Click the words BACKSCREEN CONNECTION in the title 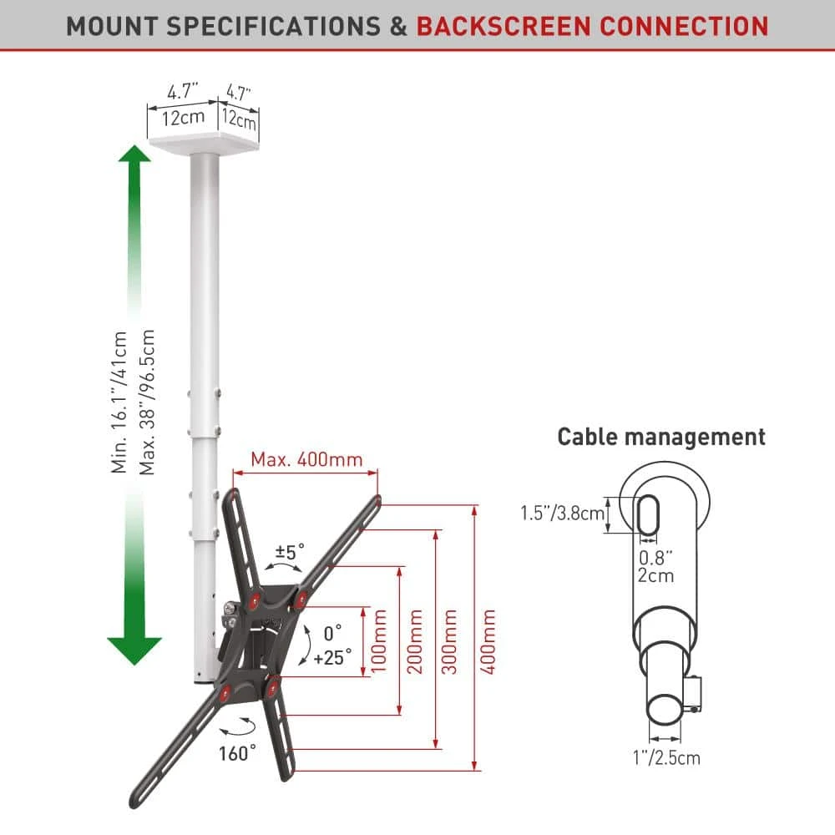(592, 25)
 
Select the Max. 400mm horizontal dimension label (307, 459)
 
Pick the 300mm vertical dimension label (449, 642)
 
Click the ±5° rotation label (291, 552)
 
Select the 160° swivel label (238, 754)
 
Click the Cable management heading (661, 437)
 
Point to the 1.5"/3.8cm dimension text (563, 514)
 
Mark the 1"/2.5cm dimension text (665, 758)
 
